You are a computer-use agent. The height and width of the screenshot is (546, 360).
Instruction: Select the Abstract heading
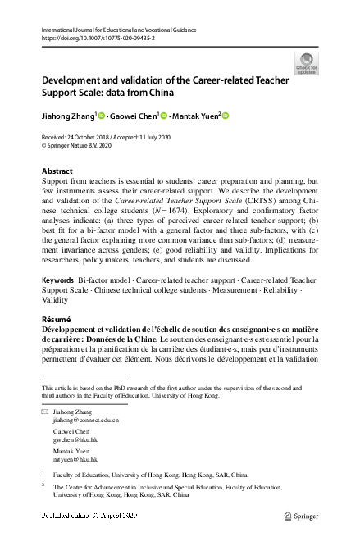[x=57, y=171]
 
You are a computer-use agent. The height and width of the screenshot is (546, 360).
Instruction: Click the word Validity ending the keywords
[x=55, y=301]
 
